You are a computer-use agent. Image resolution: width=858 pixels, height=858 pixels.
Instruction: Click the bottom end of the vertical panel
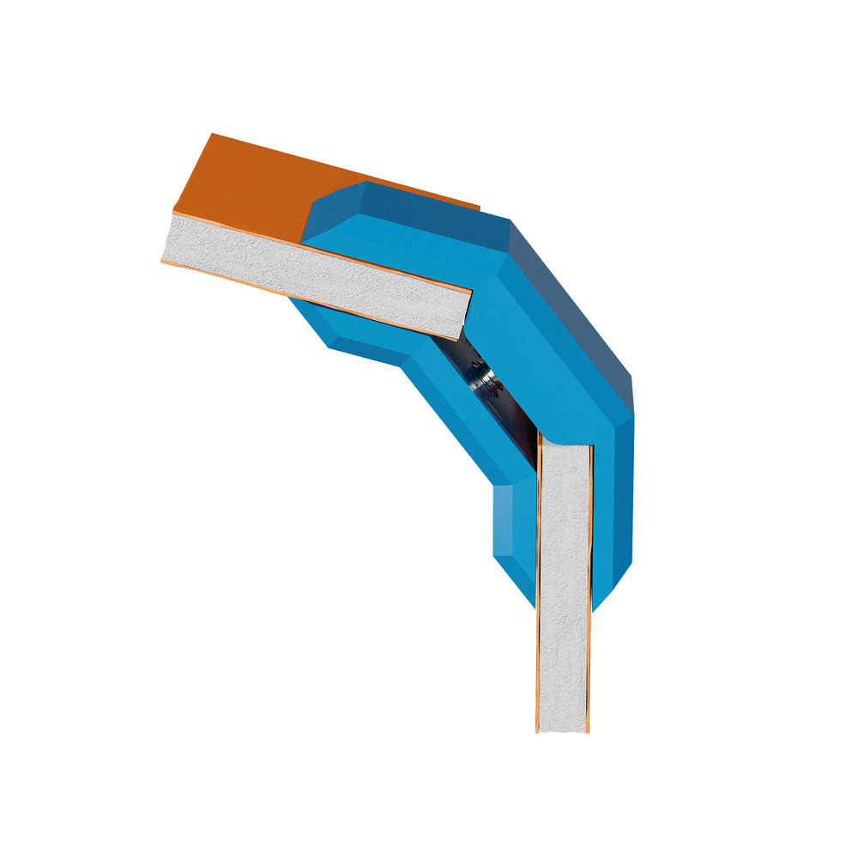[564, 729]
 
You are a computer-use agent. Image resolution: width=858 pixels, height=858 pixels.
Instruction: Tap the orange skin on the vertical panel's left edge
[539, 601]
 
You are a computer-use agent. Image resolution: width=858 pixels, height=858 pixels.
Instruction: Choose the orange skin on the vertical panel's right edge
[590, 601]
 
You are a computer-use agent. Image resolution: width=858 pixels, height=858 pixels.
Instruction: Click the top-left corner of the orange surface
[213, 136]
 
